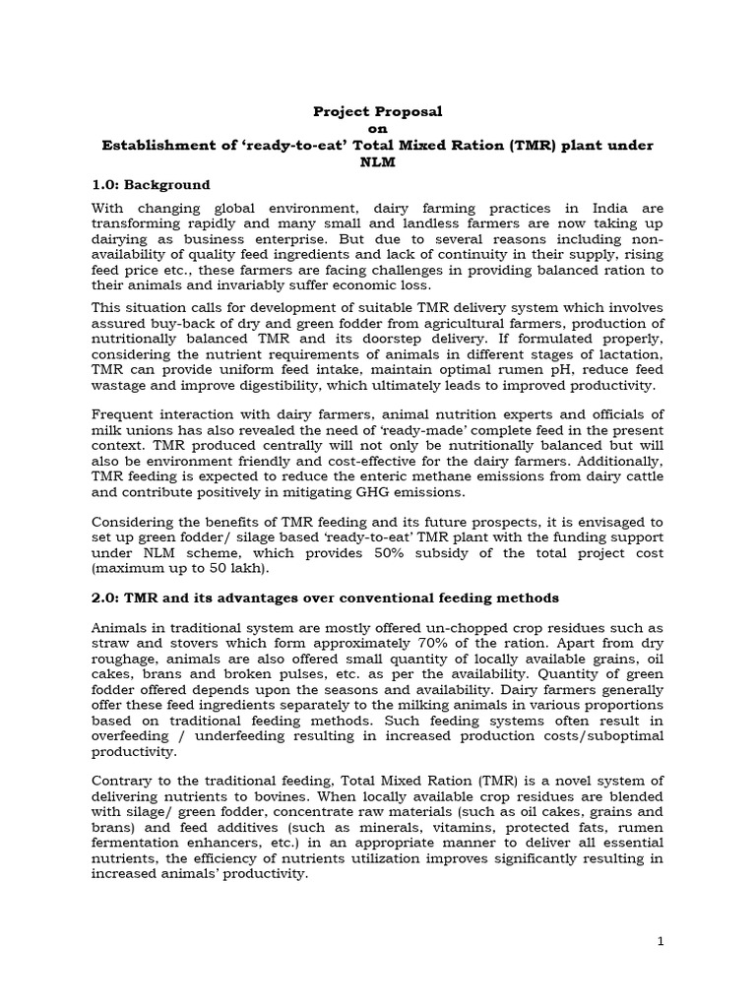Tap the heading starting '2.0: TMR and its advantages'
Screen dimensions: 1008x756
tap(325, 598)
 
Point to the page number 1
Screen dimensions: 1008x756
tap(661, 941)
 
